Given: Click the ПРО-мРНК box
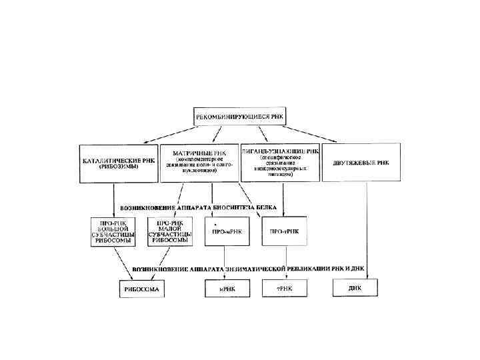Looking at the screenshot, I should coord(228,231).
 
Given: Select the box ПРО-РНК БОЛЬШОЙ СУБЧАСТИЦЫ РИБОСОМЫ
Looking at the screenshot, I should coord(112,232).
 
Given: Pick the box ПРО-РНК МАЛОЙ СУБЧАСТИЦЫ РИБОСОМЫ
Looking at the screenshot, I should coord(171,232).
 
